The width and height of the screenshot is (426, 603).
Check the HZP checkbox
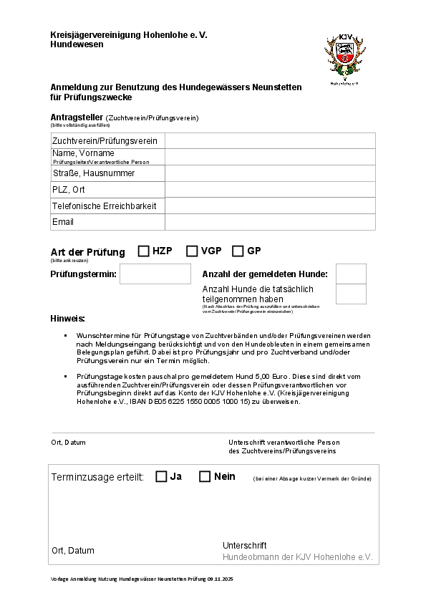(x=144, y=251)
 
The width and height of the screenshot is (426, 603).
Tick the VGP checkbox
(x=192, y=251)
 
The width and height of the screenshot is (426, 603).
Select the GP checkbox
(x=238, y=251)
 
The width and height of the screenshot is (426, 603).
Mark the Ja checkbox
(x=161, y=477)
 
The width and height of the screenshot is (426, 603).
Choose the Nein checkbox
(x=205, y=477)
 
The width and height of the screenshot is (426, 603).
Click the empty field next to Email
(x=270, y=222)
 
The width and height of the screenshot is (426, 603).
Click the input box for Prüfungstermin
(x=155, y=274)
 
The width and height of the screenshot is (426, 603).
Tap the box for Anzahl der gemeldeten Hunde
(x=351, y=274)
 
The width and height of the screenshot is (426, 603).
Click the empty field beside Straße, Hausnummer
(x=270, y=173)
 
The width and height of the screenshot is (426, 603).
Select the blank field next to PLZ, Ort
(x=270, y=190)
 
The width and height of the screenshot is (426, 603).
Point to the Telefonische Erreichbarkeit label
(x=104, y=206)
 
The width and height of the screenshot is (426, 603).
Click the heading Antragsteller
(x=77, y=117)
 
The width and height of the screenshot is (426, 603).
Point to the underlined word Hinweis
(x=68, y=318)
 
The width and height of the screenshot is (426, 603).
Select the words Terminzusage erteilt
(x=98, y=477)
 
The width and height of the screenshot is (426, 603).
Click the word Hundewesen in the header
(x=77, y=44)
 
